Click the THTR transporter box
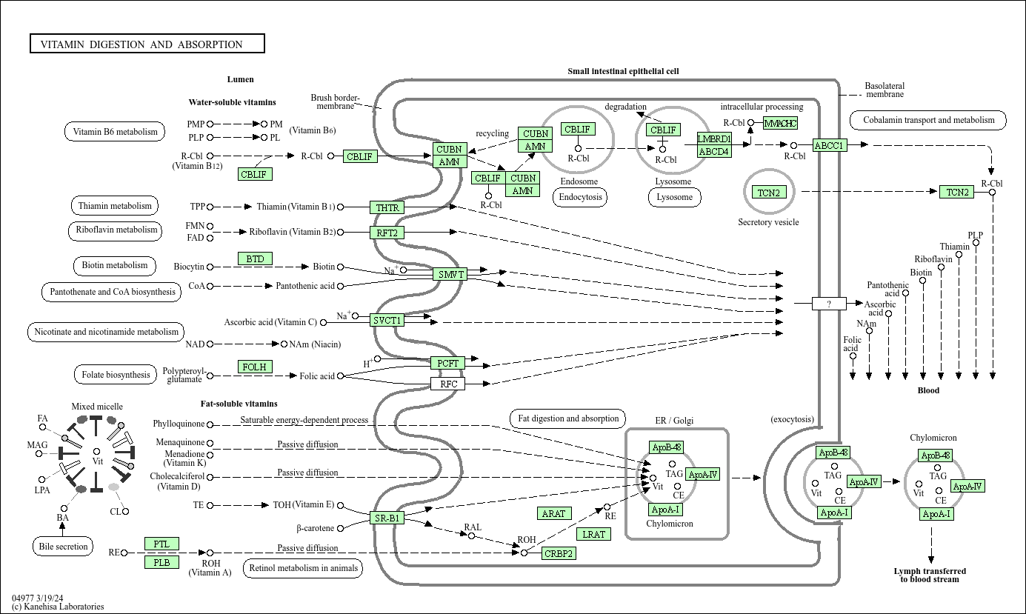387,207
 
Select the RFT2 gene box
387,233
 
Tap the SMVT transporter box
450,274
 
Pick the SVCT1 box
387,320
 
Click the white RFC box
448,384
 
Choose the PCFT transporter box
448,363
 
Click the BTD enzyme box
255,258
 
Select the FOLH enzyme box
255,367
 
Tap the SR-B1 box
387,518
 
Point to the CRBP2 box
559,553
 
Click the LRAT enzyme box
594,534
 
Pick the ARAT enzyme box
553,513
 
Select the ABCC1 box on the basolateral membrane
829,145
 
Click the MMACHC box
780,123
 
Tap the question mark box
829,304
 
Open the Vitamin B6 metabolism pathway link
115,132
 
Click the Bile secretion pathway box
63,547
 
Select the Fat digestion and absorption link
568,418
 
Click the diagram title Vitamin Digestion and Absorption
147,44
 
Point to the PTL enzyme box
161,544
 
